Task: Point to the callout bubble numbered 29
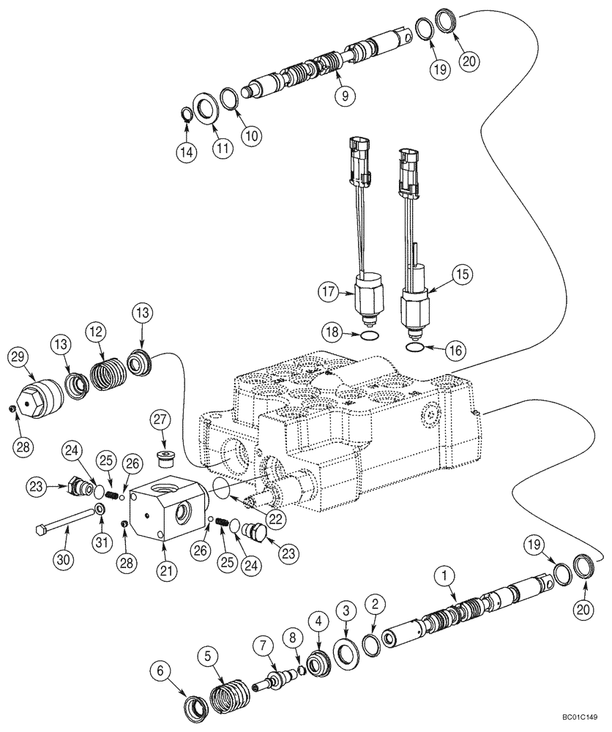pyautogui.click(x=18, y=358)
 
